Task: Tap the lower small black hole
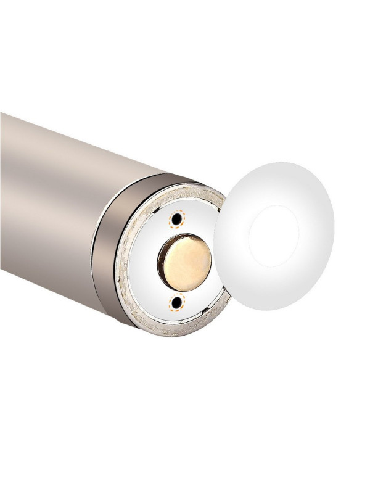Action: (178, 302)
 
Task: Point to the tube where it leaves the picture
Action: (3, 185)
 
